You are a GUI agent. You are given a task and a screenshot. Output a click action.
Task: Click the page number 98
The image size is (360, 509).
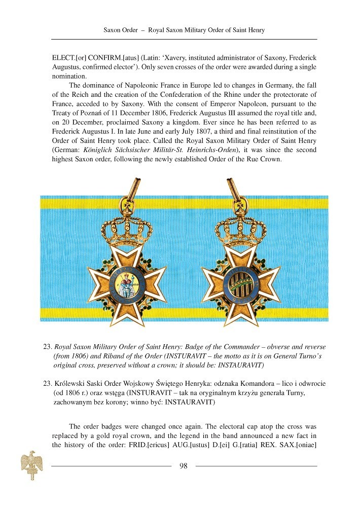coord(184,466)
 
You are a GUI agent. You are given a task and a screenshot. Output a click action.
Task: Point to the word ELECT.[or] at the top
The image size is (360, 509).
coord(66,58)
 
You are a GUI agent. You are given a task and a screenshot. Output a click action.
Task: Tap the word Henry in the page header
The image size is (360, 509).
coord(256,30)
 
